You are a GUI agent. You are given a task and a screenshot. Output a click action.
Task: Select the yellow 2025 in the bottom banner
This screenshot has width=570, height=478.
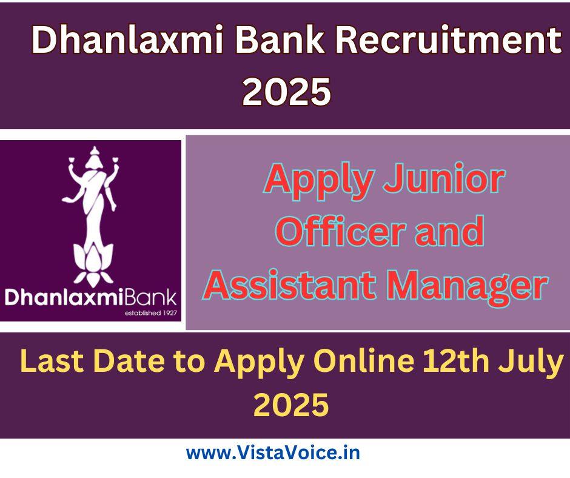click(291, 405)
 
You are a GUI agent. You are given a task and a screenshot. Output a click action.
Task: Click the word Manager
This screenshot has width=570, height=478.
click(467, 288)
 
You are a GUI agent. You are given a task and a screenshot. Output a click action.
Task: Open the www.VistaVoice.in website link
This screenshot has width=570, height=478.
click(273, 453)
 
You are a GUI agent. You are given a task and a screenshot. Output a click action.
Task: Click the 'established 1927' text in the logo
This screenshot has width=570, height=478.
click(151, 313)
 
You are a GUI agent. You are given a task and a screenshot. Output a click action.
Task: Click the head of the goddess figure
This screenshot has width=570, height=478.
click(95, 157)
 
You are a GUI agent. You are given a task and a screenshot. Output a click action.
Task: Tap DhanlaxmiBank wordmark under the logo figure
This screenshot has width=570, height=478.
click(90, 297)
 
